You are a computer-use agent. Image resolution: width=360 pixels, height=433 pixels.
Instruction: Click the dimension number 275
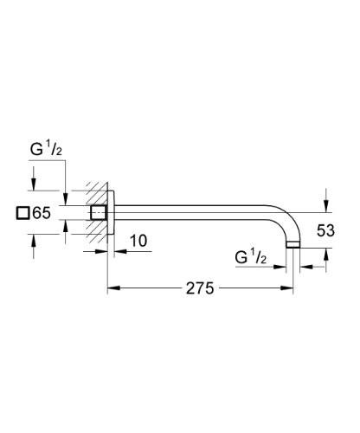click(199, 289)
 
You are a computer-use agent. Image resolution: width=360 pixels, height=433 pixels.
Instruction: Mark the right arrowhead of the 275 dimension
click(292, 289)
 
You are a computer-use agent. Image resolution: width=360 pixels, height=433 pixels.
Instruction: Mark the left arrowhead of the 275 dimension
click(112, 289)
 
